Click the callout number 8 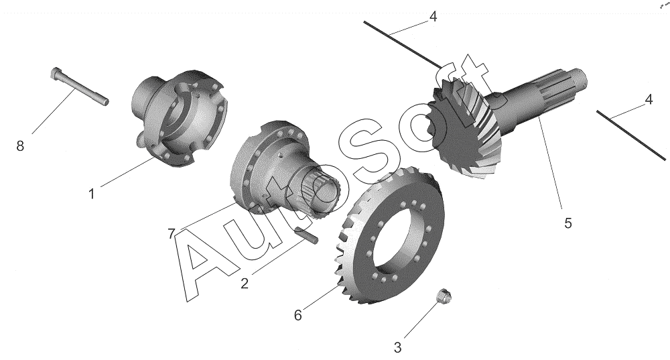click(x=20, y=146)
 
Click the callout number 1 click(x=91, y=194)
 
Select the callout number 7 click(x=172, y=234)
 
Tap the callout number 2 click(x=245, y=284)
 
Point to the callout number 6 click(x=298, y=316)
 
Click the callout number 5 click(x=568, y=223)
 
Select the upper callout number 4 click(x=433, y=17)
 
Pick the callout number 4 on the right click(x=649, y=100)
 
